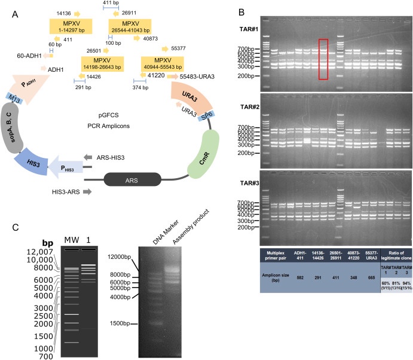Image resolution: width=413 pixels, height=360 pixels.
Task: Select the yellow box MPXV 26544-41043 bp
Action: click(x=131, y=26)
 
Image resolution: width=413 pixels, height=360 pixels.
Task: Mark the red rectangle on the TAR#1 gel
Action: click(x=323, y=59)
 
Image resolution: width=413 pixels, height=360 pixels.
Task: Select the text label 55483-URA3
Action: click(x=195, y=77)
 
